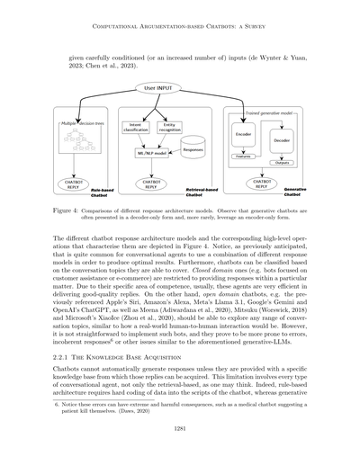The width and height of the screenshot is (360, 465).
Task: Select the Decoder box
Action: click(x=281, y=141)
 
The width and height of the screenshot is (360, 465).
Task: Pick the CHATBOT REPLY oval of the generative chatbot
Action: click(x=243, y=184)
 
